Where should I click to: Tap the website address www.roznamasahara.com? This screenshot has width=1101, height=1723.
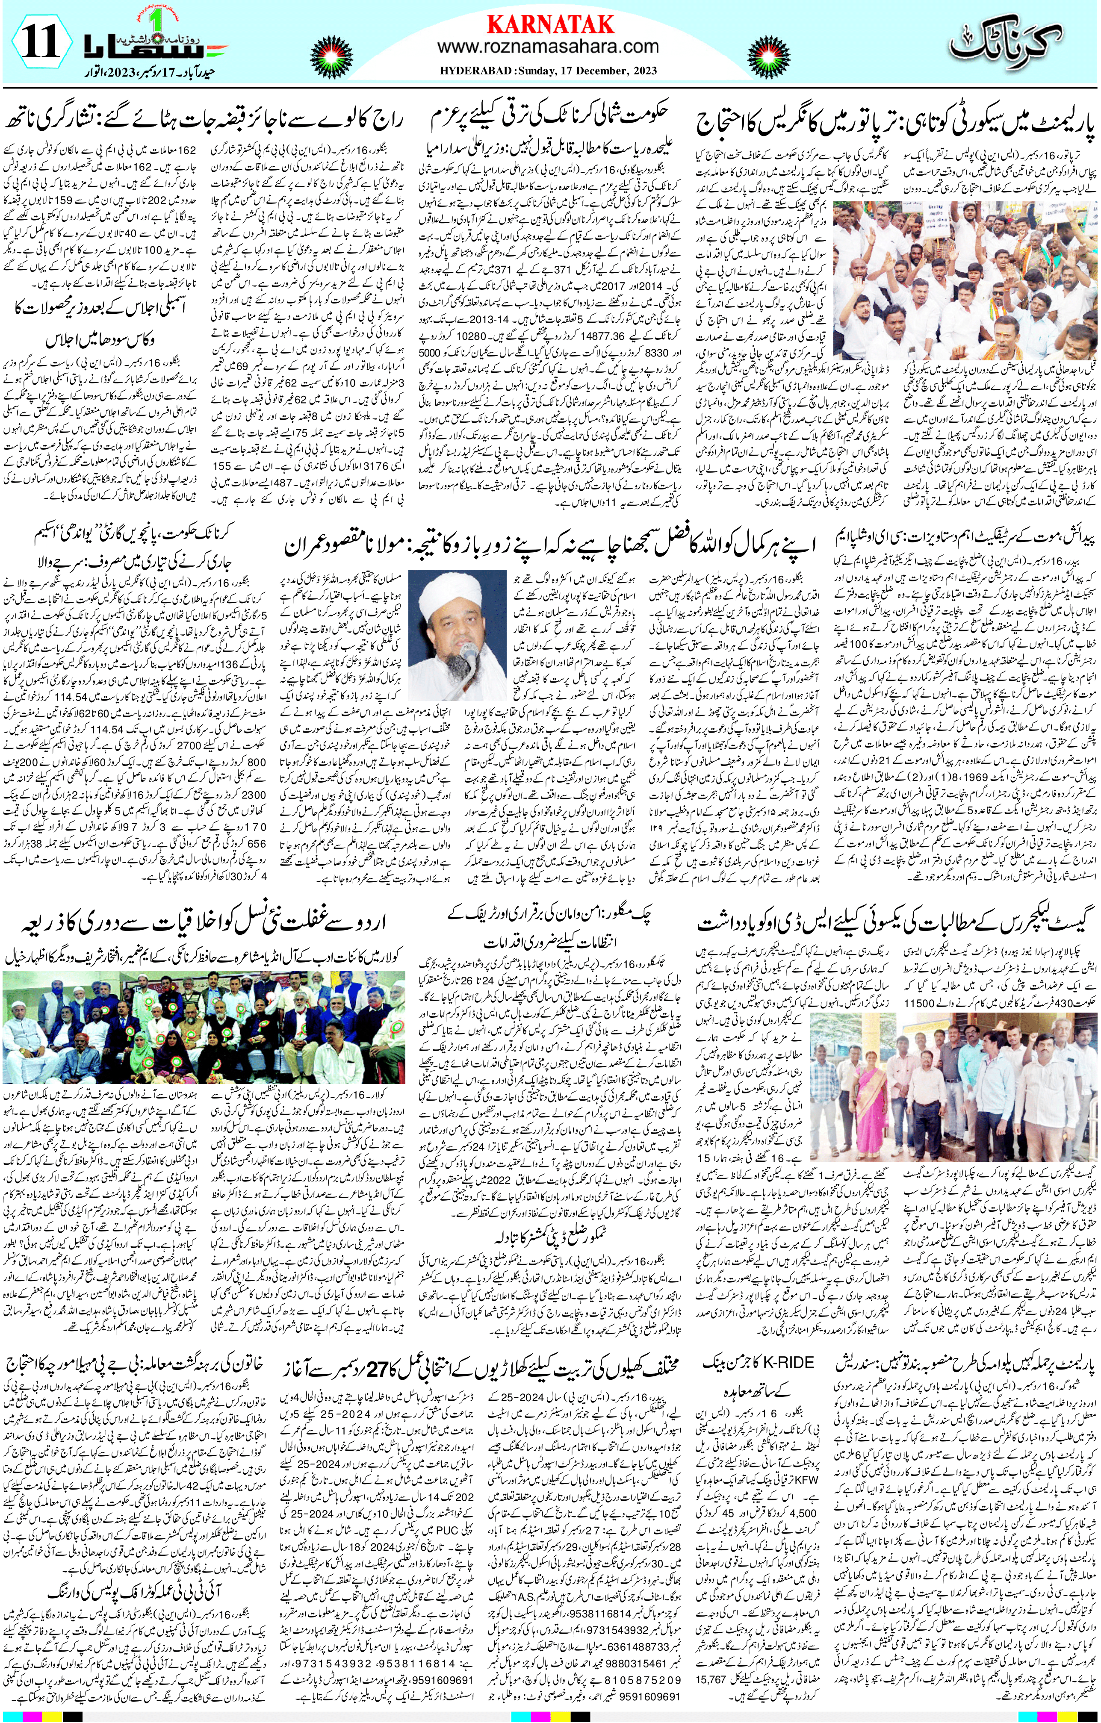click(548, 47)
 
